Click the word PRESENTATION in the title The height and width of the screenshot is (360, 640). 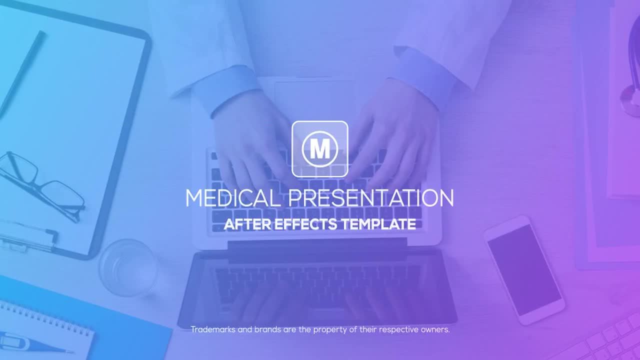(371, 198)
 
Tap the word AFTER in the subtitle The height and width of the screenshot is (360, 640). (247, 224)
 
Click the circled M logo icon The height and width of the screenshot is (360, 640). (319, 149)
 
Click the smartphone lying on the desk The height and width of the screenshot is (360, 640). (524, 270)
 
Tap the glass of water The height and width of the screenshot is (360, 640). (128, 267)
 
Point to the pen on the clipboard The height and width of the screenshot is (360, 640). (21, 75)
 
